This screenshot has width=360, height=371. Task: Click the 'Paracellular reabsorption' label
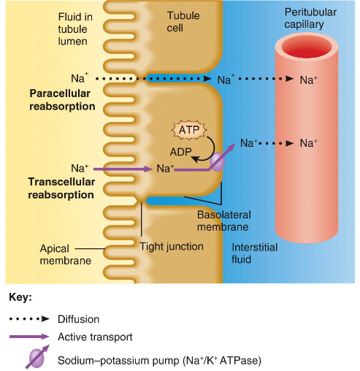[62, 100]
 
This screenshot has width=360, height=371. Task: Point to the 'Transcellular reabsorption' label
[61, 189]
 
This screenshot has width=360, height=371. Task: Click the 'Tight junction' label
[171, 246]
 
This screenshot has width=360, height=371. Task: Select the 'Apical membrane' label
[65, 255]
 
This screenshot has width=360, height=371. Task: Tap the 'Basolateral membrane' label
[223, 221]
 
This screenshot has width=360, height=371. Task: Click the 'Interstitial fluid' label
[254, 253]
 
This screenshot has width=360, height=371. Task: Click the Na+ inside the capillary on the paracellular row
[309, 79]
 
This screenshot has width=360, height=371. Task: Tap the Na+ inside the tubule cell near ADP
[165, 169]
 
